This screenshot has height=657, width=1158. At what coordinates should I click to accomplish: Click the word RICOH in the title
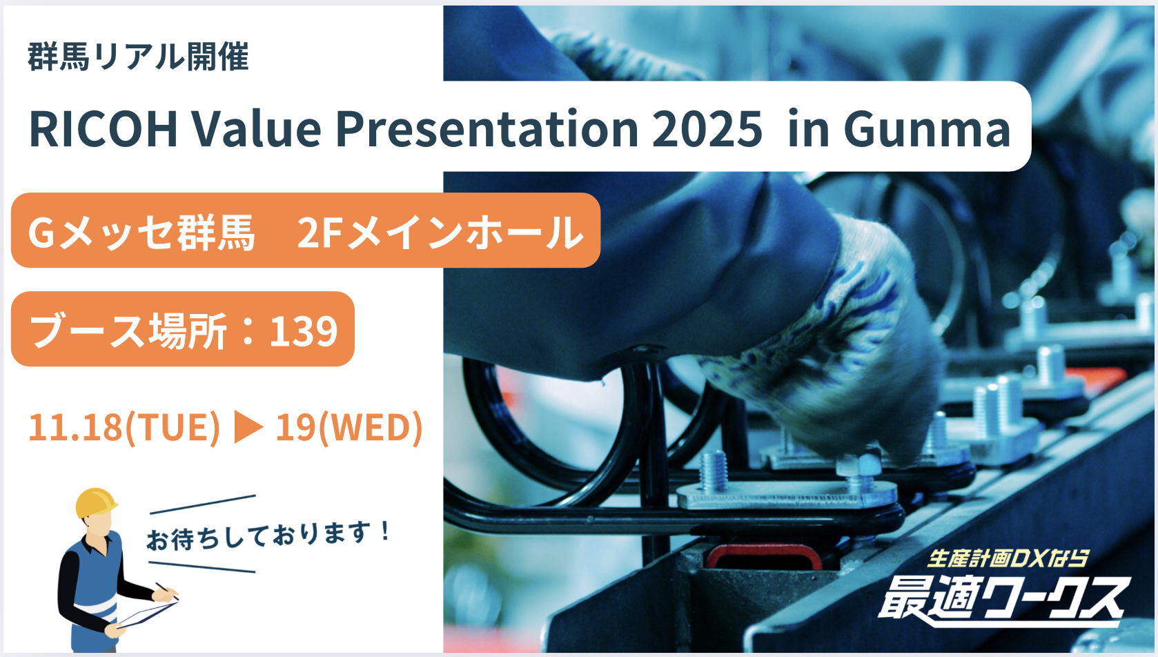coord(104,129)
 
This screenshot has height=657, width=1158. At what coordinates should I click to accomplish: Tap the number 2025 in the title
coord(707,129)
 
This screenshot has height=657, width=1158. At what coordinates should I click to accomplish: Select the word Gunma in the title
coord(926,129)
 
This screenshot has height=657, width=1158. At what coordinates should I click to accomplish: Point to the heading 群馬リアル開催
coord(139,57)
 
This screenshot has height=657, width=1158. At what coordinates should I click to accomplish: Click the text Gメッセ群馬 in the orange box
coord(141,232)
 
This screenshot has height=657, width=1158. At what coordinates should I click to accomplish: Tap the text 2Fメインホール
coord(440,232)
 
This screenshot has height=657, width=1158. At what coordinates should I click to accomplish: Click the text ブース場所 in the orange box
coord(128,331)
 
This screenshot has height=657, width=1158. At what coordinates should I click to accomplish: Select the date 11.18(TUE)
coord(124,427)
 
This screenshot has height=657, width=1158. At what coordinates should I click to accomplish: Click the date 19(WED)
coord(349,427)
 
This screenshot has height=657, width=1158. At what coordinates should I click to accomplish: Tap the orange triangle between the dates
coord(248,427)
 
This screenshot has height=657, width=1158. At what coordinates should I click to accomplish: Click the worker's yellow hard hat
coord(95,502)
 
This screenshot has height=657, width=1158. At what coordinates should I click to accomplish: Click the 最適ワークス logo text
coord(1003,600)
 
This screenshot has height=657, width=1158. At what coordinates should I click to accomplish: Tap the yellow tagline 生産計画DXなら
coord(1007,558)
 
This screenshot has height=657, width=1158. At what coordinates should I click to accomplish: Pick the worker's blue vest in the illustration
coord(97,589)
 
